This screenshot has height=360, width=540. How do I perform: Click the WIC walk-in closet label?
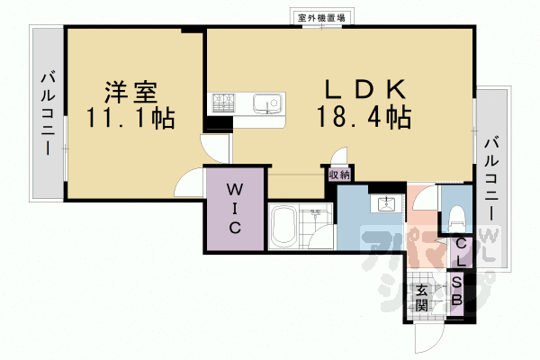[x=234, y=209]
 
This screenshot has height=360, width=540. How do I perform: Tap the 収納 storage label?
[x=338, y=175]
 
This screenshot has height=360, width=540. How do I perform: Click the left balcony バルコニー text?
[x=47, y=113]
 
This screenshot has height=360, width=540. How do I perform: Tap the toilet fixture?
[x=456, y=215]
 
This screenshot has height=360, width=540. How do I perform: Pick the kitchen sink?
[x=267, y=103]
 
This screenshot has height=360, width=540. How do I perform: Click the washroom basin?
[x=388, y=202]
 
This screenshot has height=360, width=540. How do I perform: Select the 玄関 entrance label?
[x=422, y=298]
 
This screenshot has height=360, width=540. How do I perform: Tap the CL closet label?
[x=460, y=252]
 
